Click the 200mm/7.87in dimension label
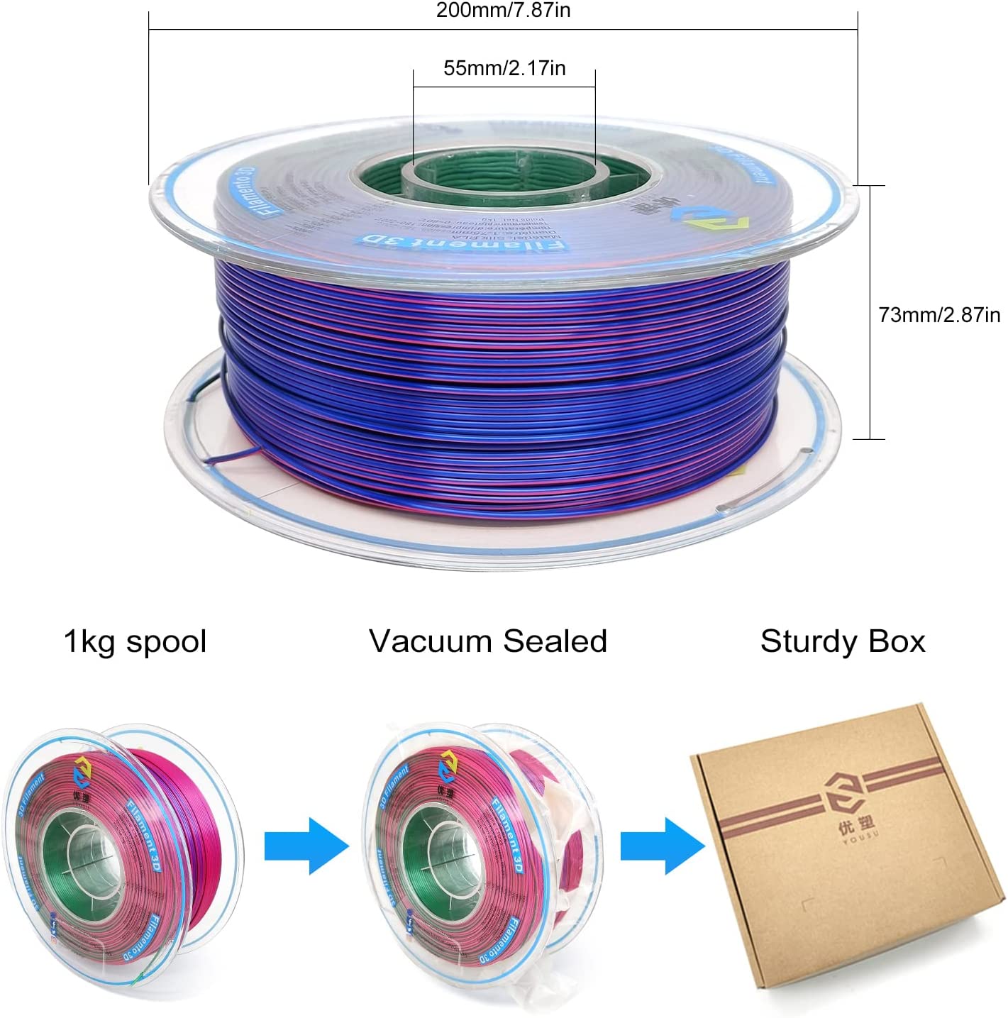point(503,11)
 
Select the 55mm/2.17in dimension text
point(504,68)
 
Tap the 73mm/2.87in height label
point(939,314)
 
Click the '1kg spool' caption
point(135,641)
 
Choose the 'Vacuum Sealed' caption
point(488,641)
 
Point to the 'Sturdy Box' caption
point(843,641)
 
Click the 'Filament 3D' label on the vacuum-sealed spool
point(508,837)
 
